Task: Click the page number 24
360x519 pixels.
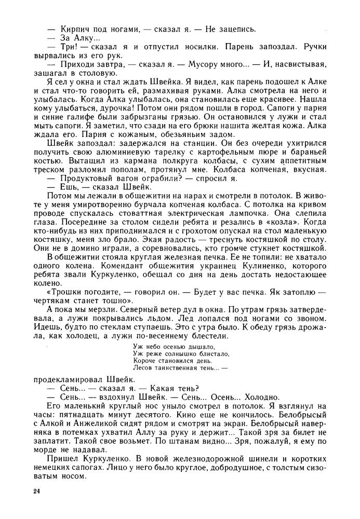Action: click(x=36, y=491)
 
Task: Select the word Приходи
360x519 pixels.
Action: click(x=81, y=64)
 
